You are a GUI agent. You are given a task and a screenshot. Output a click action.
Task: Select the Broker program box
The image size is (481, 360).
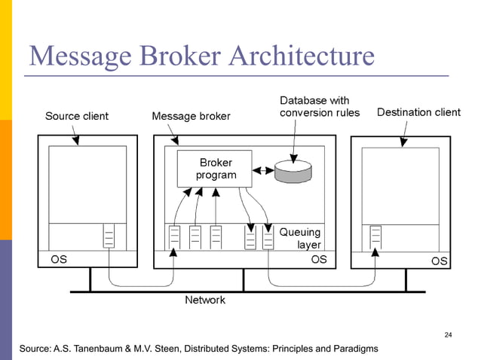(x=216, y=169)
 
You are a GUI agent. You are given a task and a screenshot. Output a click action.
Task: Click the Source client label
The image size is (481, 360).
(x=76, y=116)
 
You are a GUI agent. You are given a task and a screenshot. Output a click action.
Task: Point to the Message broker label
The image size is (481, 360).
(x=191, y=116)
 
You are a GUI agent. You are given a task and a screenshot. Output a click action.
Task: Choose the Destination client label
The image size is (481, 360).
(x=418, y=112)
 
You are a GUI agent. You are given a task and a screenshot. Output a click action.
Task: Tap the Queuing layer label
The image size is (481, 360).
(x=300, y=238)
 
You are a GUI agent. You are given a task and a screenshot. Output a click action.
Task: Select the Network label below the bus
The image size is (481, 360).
(x=205, y=300)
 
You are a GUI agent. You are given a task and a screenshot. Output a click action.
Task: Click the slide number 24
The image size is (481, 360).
(x=449, y=334)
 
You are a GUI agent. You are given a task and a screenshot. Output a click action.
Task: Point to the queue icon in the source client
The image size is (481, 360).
(x=109, y=236)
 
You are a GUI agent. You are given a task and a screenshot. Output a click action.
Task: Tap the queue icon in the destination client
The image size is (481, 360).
(x=375, y=236)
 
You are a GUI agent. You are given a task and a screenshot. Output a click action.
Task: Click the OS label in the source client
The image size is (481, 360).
(x=58, y=260)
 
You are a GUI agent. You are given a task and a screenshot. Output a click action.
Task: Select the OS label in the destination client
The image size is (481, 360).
(x=440, y=261)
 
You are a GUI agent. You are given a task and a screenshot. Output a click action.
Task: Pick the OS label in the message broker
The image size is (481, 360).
(x=319, y=260)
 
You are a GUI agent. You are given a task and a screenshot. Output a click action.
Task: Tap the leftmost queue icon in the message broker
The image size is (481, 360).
(x=173, y=237)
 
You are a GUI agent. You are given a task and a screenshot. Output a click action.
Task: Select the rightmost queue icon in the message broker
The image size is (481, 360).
(x=268, y=237)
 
